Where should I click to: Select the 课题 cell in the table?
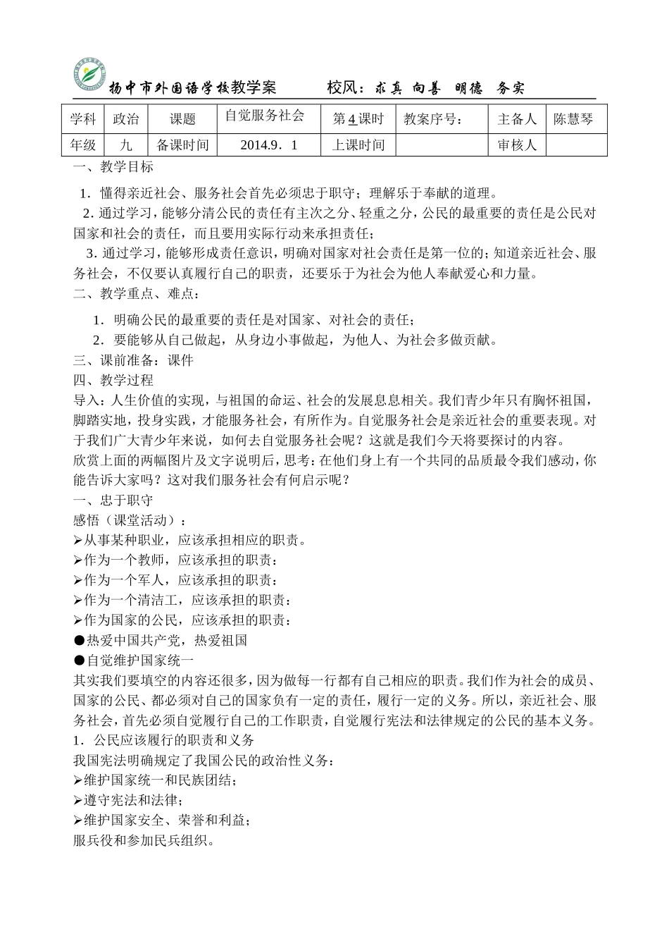pos(182,119)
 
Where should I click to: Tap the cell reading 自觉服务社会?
pos(264,116)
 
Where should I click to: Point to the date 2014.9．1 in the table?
pos(269,145)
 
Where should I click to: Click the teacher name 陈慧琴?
pos(573,119)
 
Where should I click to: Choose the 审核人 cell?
pos(517,145)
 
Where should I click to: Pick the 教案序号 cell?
pos(434,119)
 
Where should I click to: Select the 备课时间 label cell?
pos(182,145)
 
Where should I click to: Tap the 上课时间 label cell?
pos(358,145)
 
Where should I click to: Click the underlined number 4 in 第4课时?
pos(352,119)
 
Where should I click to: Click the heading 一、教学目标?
pos(113,167)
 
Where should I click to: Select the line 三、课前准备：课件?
pos(133,360)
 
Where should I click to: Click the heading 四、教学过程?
pos(113,381)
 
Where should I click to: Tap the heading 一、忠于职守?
pos(113,500)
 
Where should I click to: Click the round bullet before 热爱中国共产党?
pos(78,641)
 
